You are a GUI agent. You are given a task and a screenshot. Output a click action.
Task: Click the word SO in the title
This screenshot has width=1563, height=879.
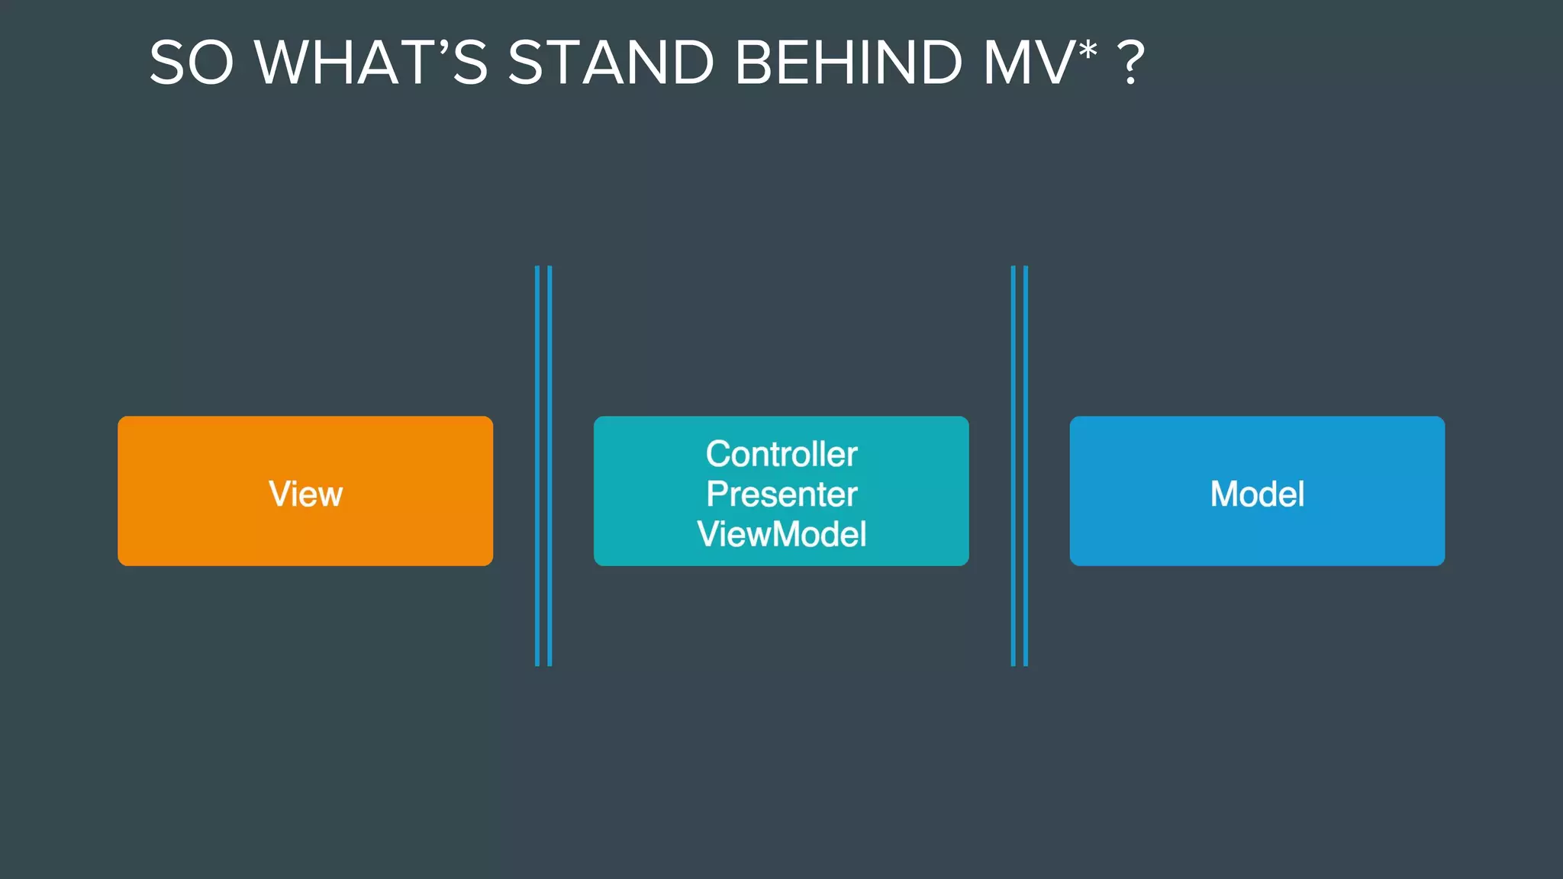point(191,63)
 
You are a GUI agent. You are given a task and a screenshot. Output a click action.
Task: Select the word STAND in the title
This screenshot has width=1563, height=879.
point(611,63)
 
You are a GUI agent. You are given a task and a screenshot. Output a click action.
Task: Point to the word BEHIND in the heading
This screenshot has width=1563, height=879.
point(849,63)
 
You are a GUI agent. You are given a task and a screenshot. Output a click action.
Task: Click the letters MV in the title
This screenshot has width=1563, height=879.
point(1027,63)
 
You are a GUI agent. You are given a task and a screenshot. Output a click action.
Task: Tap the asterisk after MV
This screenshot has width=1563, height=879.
point(1088,50)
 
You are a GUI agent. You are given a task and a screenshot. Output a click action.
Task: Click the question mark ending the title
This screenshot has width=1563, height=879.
point(1130,63)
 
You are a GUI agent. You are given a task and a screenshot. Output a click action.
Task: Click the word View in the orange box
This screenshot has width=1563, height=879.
point(305,494)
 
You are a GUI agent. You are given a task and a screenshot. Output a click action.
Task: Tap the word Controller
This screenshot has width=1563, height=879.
point(781,454)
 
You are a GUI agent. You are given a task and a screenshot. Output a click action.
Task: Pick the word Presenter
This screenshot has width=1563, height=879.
point(781,494)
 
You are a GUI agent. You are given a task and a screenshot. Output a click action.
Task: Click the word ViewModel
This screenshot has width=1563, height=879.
point(781,534)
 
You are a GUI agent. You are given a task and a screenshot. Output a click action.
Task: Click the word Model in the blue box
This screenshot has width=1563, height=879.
point(1257,494)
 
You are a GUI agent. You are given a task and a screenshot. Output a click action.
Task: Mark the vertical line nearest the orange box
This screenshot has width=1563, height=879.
point(537,465)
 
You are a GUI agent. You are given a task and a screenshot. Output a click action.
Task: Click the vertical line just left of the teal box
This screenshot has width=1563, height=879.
point(549,465)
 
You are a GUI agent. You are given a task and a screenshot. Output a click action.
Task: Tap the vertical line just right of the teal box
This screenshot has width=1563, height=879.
point(1014,465)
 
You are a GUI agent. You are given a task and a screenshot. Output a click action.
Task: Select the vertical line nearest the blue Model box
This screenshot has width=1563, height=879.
point(1026,465)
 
